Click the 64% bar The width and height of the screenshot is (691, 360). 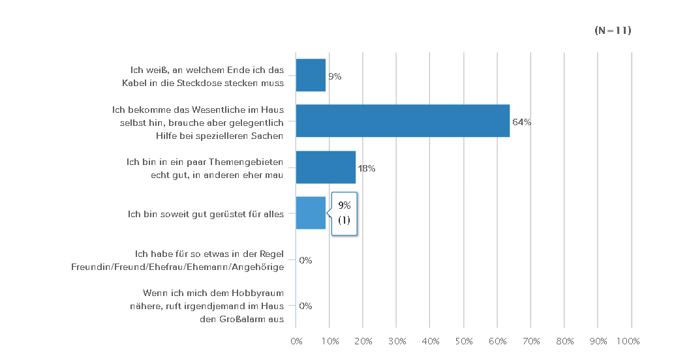coord(403,121)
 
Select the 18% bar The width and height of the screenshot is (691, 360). coord(326,167)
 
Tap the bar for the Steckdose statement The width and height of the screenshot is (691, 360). coord(311,75)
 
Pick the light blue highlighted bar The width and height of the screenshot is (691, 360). coord(311,213)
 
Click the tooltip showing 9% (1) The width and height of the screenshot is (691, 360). coord(345,213)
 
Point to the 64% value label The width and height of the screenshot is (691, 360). coord(521,122)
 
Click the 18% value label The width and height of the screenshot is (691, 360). coord(367,168)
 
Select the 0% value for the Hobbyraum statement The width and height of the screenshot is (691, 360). coord(305,306)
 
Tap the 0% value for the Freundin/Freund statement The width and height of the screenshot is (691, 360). coord(305,260)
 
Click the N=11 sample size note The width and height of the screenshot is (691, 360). coord(613,31)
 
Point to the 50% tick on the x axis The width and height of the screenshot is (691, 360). coord(464,342)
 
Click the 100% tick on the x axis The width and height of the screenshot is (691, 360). coord(629,342)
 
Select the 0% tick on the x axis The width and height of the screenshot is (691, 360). coord(296,342)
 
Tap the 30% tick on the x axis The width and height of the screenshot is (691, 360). coord(397,342)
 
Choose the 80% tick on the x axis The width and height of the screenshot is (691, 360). coord(564,342)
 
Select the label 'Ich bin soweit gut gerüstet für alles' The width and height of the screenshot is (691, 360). coord(206,213)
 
